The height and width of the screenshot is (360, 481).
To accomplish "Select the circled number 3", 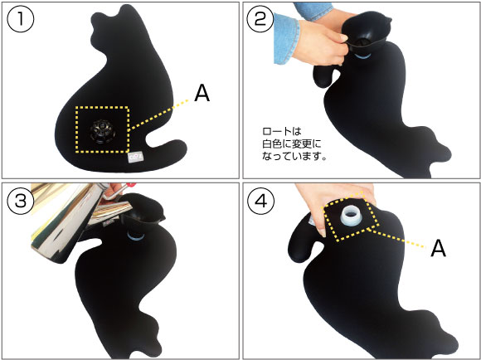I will click(x=21, y=200).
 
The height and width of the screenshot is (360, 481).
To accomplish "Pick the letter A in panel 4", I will click(x=442, y=249).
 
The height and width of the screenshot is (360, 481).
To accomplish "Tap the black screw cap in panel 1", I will click(x=102, y=131).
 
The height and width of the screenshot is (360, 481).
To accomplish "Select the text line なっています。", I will click(x=295, y=154).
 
